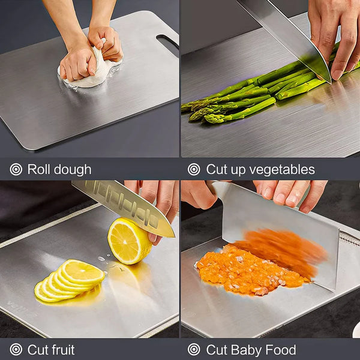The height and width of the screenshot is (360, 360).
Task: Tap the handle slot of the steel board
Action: point(167,43)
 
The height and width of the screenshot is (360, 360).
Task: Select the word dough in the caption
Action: point(72,169)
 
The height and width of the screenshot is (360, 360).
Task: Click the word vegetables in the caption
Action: point(280,169)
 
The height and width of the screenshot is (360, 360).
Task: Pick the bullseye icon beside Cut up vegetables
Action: point(194,169)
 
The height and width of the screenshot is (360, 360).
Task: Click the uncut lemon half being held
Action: point(128,241)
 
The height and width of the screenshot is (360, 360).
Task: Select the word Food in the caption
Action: point(281,350)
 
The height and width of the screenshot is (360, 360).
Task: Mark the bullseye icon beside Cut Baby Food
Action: point(194,350)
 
